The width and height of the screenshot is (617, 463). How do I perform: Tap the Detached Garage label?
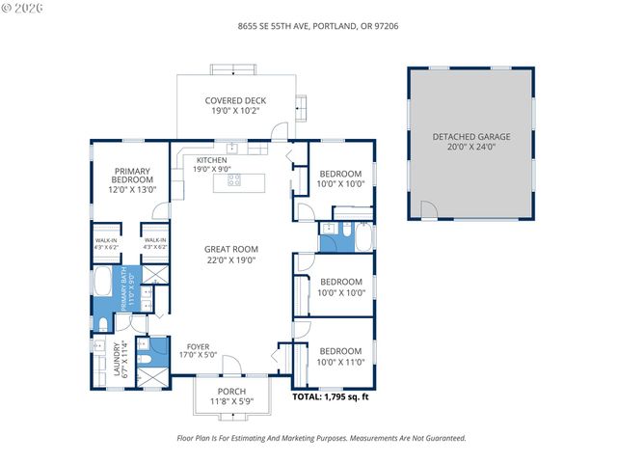click(x=470, y=137)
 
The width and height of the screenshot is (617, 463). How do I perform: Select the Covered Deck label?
click(x=235, y=100)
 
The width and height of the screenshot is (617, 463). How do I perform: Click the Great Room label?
click(x=231, y=249)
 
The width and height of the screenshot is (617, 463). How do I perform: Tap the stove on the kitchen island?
click(x=233, y=179)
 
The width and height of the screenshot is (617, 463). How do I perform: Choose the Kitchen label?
click(x=212, y=160)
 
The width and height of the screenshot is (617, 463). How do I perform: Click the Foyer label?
click(x=198, y=346)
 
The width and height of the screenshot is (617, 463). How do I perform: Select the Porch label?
click(x=231, y=391)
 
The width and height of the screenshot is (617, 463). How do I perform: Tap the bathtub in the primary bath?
click(x=103, y=285)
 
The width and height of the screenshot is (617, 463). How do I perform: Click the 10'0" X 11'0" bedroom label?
click(x=340, y=356)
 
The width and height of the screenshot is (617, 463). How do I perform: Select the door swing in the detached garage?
click(x=428, y=209)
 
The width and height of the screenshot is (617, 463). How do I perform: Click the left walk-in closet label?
click(x=105, y=243)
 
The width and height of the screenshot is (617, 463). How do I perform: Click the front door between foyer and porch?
click(x=231, y=378)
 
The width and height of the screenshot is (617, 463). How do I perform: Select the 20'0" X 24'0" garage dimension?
click(x=470, y=148)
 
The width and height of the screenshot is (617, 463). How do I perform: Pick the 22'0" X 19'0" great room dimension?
click(x=231, y=259)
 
